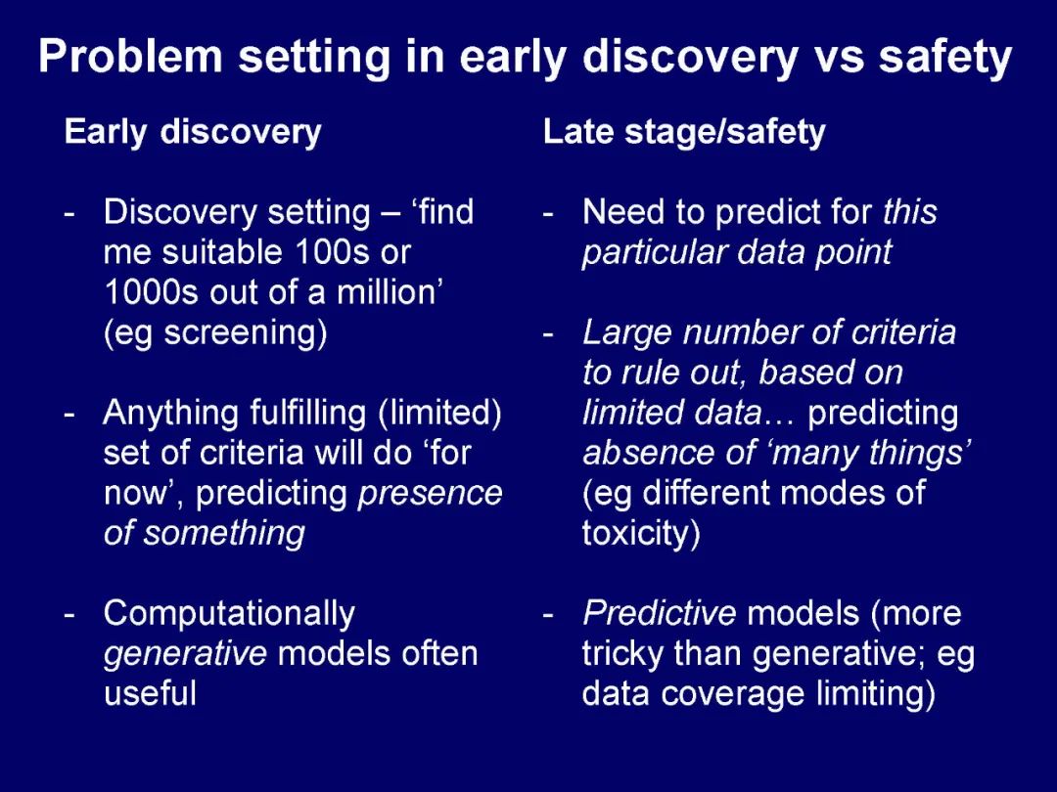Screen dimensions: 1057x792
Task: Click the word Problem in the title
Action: (x=130, y=56)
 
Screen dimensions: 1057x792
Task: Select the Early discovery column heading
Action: (x=193, y=132)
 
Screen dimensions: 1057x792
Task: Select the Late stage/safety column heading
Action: (x=684, y=132)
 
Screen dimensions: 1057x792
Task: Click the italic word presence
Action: (x=430, y=494)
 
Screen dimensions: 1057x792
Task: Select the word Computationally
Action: (x=229, y=614)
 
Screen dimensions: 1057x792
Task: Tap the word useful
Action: (x=150, y=693)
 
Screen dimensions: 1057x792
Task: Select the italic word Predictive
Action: (x=660, y=613)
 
